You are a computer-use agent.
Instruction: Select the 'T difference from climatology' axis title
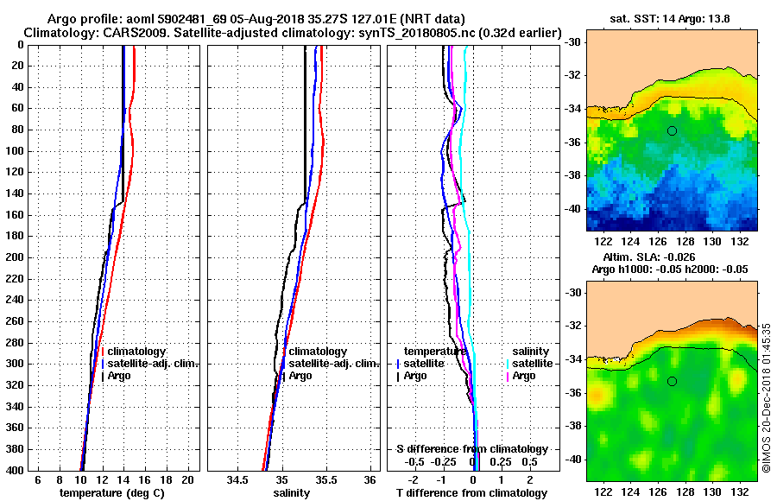pos(472,493)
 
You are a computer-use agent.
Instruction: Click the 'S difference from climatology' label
pos(472,449)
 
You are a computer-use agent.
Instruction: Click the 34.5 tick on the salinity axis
pos(238,479)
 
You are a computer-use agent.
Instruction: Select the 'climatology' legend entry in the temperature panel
pos(136,352)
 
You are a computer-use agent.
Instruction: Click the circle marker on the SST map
pos(672,130)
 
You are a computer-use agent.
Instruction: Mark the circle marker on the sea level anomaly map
pos(672,381)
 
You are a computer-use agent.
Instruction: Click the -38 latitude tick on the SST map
pos(571,175)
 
